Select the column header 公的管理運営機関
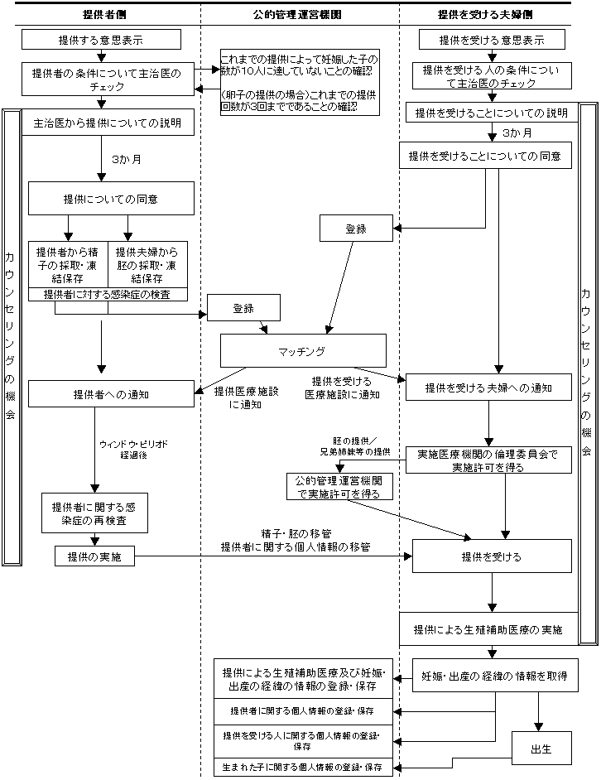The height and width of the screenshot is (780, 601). [x=297, y=14]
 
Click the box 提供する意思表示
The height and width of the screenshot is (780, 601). [x=101, y=39]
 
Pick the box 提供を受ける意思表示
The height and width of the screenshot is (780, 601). [x=492, y=39]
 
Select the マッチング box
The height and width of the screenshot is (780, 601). [x=303, y=350]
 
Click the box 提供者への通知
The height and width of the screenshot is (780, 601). [x=111, y=393]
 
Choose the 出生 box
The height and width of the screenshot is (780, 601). [x=541, y=749]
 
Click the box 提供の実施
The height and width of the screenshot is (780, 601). [x=94, y=557]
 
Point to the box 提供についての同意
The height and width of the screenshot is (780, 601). [x=111, y=199]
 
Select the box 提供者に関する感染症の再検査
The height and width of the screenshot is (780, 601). [x=94, y=513]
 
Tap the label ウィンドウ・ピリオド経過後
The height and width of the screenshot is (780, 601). [x=132, y=450]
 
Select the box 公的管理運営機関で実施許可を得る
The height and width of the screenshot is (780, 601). [x=339, y=486]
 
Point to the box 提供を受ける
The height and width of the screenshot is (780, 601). [x=492, y=556]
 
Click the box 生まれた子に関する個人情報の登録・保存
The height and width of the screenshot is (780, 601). [x=302, y=768]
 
